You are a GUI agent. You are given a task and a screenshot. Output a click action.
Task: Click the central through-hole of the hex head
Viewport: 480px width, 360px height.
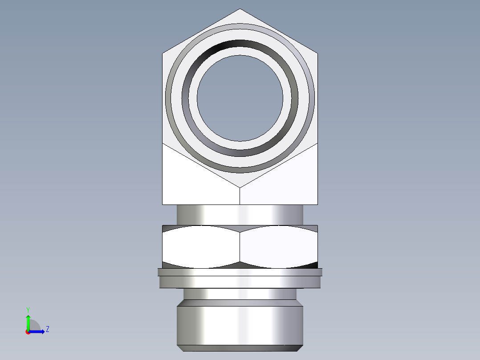click(240, 98)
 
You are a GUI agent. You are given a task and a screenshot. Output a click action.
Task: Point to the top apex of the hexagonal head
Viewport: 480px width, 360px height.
click(240, 9)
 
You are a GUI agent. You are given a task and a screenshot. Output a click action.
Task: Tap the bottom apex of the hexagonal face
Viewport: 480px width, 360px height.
click(240, 187)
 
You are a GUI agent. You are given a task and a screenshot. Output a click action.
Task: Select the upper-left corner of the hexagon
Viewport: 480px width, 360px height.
click(163, 53)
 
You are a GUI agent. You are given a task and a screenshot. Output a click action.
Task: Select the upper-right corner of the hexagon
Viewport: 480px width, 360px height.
click(317, 53)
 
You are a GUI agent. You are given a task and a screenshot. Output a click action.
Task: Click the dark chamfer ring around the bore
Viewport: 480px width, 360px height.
click(240, 45)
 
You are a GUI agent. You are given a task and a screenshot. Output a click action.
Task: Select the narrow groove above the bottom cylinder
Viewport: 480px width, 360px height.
click(240, 294)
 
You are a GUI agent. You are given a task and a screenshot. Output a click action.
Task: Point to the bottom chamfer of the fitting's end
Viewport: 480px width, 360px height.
click(240, 348)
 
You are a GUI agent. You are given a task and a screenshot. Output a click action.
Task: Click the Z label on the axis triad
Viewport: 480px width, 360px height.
click(47, 329)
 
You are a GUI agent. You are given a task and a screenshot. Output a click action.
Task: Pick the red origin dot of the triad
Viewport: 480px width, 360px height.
click(28, 332)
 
